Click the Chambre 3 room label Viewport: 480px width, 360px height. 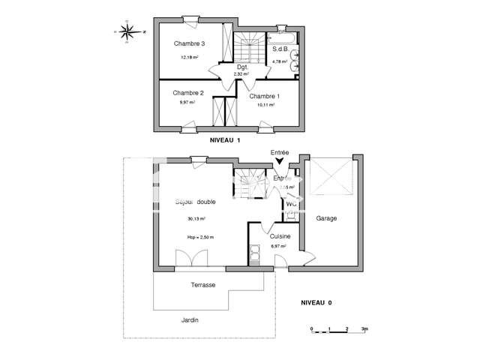189,43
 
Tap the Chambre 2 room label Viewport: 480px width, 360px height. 187,93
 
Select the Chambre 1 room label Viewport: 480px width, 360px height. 264,96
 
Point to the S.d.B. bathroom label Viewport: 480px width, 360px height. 282,49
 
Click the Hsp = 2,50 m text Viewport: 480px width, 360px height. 200,237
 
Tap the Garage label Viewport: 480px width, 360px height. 325,218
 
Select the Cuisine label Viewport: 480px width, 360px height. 280,236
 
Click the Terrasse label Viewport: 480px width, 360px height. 202,285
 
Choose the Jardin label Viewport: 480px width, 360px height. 190,319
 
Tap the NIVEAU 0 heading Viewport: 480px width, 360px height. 316,302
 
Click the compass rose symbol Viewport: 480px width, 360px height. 128,31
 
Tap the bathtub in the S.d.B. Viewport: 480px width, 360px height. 285,35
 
